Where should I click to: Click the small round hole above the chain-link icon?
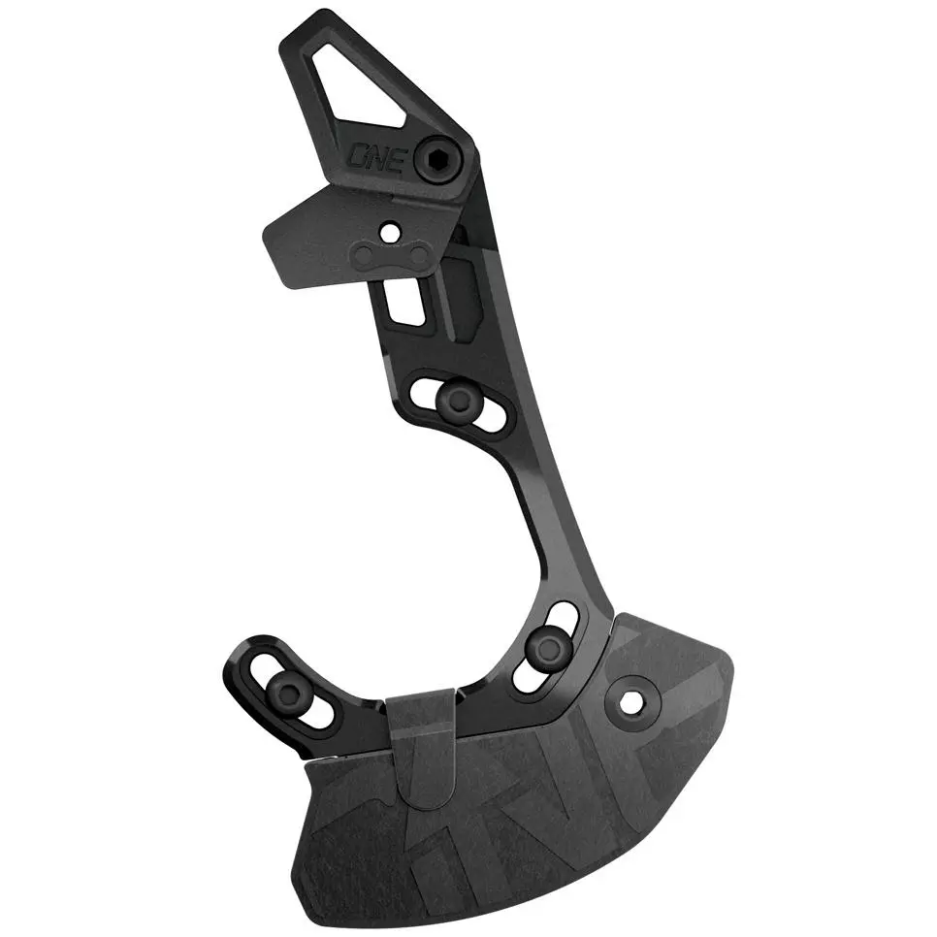[391, 233]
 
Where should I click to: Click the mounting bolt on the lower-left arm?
[291, 690]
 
